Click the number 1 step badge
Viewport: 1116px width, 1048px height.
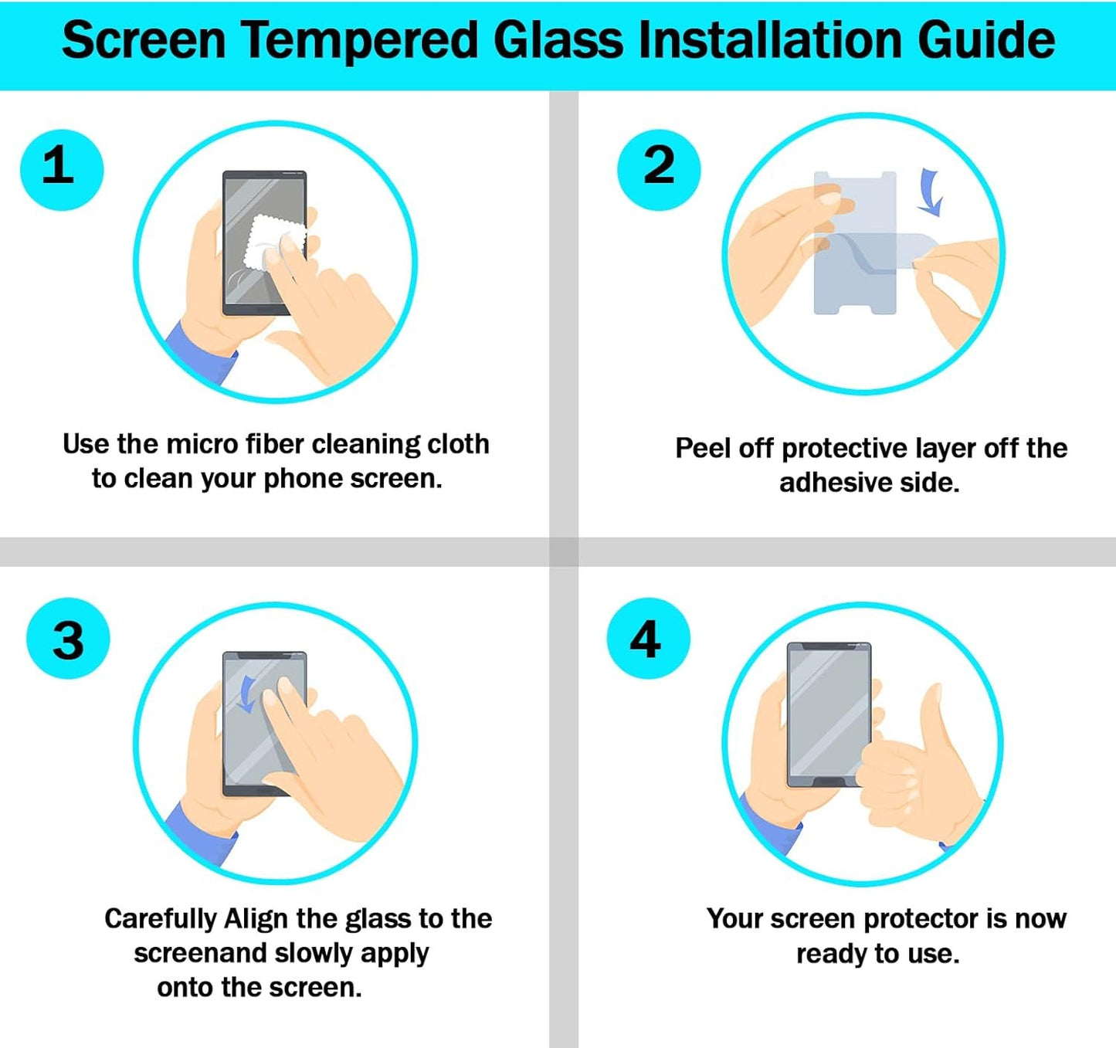click(x=61, y=170)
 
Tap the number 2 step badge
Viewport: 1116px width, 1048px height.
click(x=659, y=169)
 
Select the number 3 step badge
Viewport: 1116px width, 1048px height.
click(x=68, y=639)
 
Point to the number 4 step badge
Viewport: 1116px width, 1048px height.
click(x=647, y=638)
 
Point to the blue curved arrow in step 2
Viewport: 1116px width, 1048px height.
click(x=931, y=193)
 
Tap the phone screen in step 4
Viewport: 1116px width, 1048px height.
click(x=826, y=711)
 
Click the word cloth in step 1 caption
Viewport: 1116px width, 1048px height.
click(x=458, y=444)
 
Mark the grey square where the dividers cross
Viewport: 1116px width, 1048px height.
click(x=564, y=551)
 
